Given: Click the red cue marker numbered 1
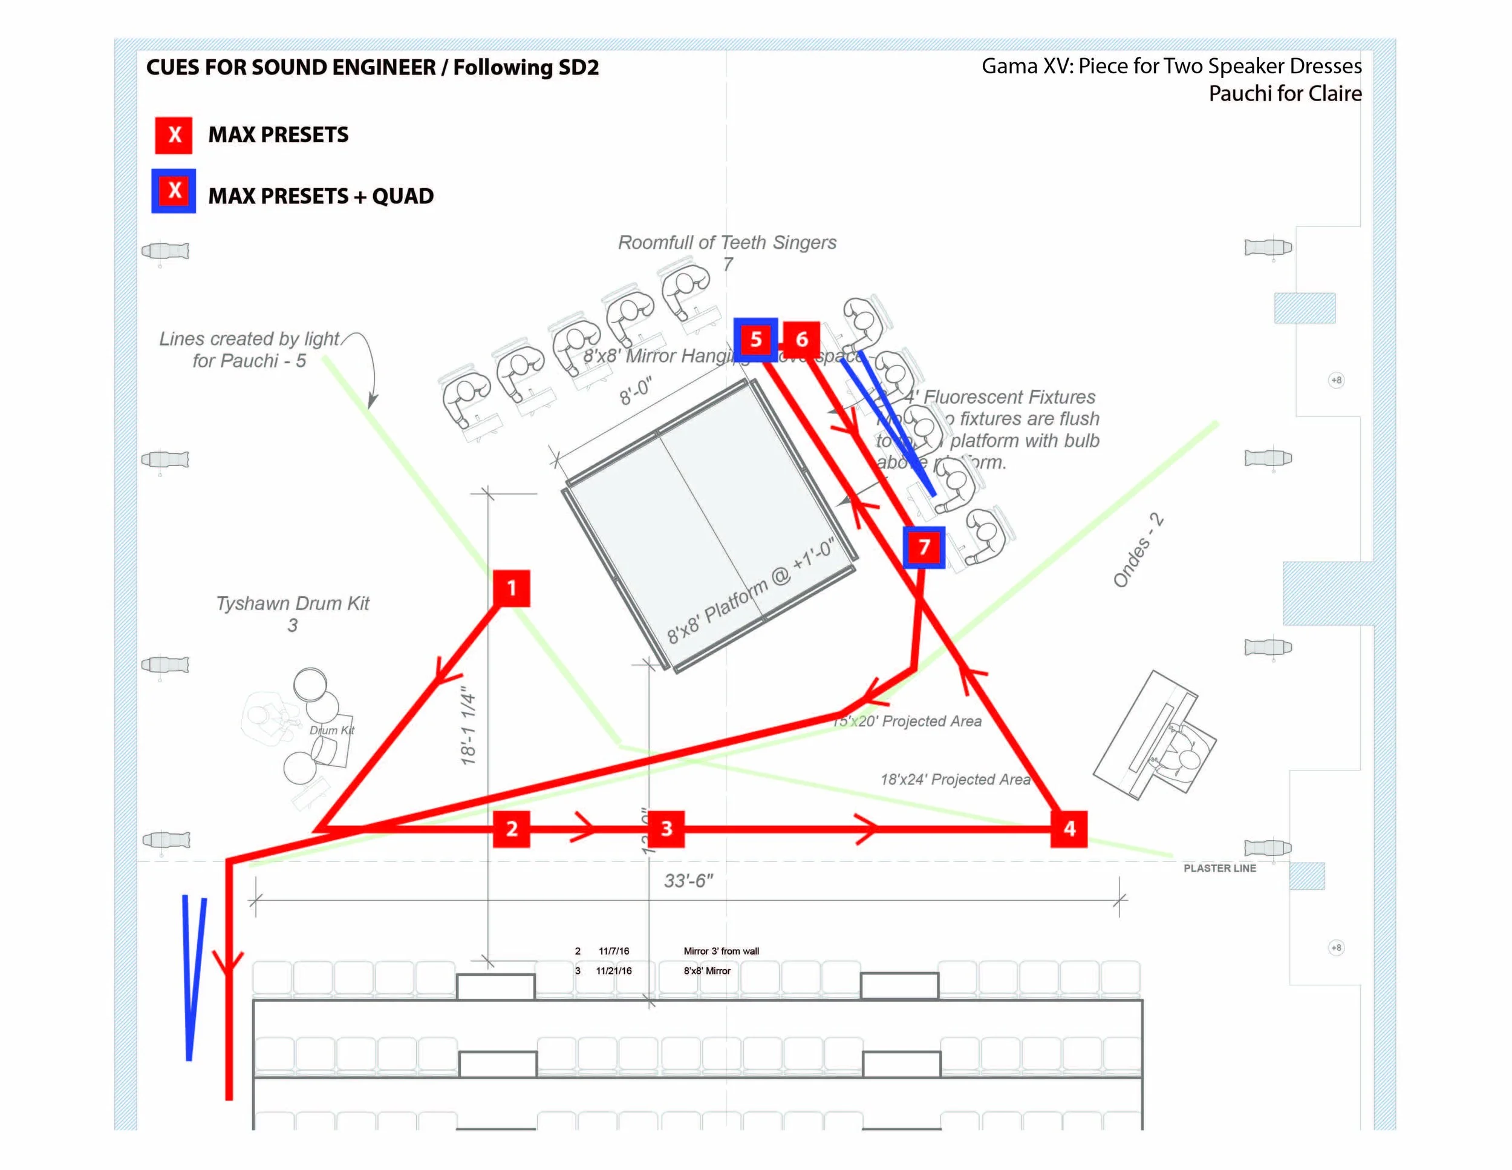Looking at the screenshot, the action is [x=512, y=588].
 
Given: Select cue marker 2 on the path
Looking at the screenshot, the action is [x=512, y=829].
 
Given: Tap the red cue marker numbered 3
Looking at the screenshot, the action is [x=666, y=829].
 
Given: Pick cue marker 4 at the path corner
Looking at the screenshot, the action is [x=1069, y=829].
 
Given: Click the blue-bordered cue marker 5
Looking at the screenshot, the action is [x=755, y=340].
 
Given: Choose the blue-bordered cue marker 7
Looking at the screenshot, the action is [x=924, y=547].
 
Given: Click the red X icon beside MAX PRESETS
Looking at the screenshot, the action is [x=174, y=134].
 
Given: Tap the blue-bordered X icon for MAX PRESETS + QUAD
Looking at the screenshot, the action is [x=174, y=191].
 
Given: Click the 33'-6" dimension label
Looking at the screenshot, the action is [x=688, y=881].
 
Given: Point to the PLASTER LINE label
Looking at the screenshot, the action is [x=1219, y=868].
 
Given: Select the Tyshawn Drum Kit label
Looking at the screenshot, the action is [x=293, y=603].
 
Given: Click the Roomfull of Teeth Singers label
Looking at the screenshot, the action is [x=727, y=243].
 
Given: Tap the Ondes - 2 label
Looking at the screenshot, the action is [x=1138, y=551].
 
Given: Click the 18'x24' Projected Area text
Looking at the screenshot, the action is [x=956, y=780].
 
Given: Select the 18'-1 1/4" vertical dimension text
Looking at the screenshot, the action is [x=469, y=726].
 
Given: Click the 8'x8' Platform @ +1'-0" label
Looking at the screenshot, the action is [x=751, y=593].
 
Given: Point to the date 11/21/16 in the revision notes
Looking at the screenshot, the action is [x=613, y=970].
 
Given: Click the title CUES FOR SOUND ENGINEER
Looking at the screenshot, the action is [x=291, y=67].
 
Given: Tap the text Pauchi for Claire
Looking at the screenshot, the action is [x=1285, y=94].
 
